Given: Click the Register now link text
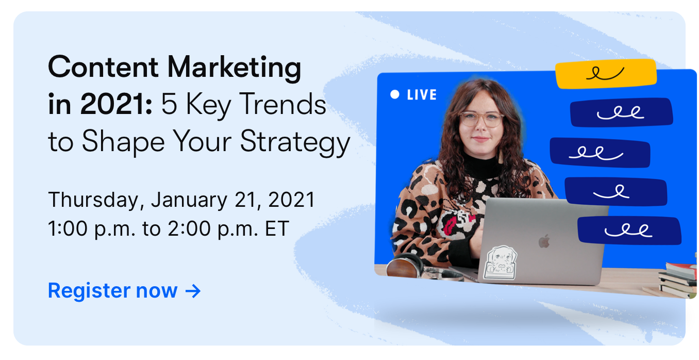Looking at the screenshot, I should coord(112,291).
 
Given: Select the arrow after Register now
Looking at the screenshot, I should coord(193,291).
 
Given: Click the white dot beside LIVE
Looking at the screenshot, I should coord(395,94).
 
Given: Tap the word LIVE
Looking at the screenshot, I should coord(422,95).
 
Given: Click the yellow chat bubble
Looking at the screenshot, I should coord(606,74).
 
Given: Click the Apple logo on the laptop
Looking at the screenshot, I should coord(544,241).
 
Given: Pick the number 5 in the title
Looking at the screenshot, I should coord(168,105).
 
